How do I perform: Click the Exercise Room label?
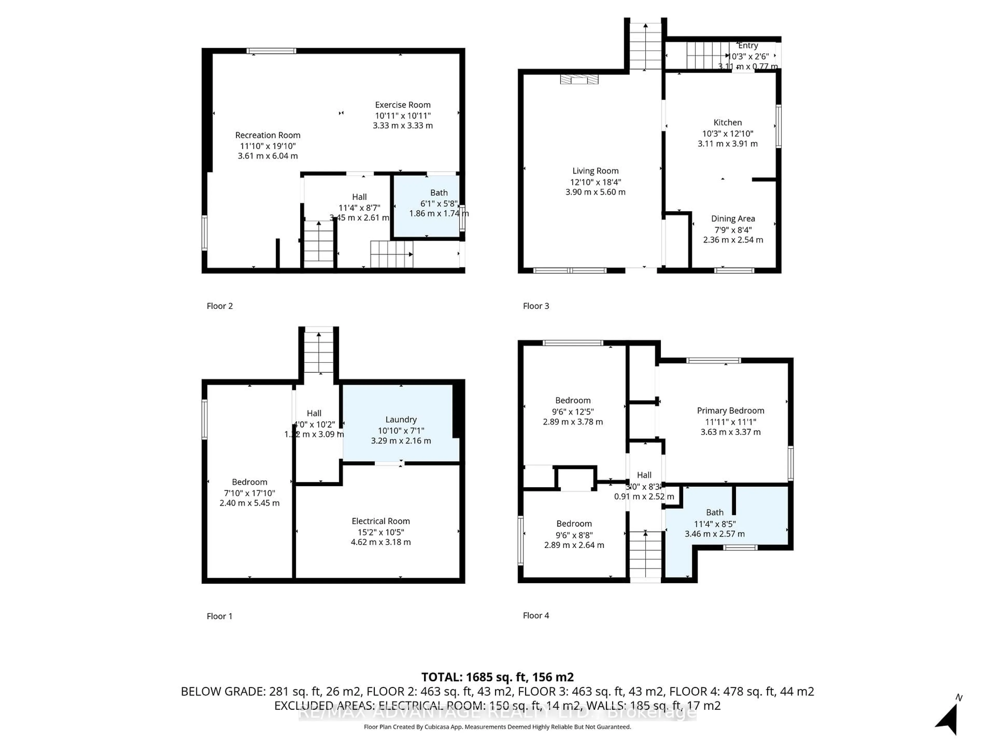(x=403, y=105)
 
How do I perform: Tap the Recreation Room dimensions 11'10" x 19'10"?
(x=268, y=146)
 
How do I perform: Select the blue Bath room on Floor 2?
(x=426, y=221)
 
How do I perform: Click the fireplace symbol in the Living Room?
(x=579, y=80)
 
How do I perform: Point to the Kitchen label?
(x=727, y=122)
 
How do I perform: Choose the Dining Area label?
(x=733, y=219)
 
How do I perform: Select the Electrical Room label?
(x=381, y=521)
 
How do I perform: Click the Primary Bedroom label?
(x=730, y=411)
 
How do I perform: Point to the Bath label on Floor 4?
(x=715, y=513)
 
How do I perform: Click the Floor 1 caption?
(x=219, y=616)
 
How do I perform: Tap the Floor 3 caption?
(x=536, y=306)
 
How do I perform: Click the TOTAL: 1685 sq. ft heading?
(x=497, y=677)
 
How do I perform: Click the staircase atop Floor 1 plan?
(x=318, y=351)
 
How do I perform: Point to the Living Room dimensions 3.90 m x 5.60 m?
(x=595, y=192)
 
